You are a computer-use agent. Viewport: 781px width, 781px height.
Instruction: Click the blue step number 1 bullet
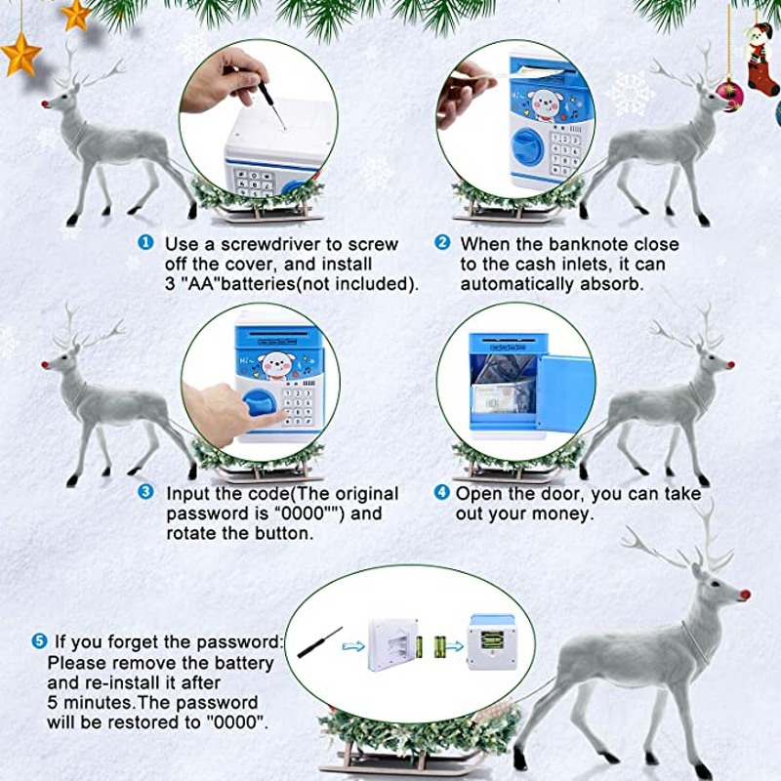[x=145, y=243]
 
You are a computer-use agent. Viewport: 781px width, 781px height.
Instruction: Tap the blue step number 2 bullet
[x=442, y=242]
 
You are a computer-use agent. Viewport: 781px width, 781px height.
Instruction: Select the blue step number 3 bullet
[x=145, y=492]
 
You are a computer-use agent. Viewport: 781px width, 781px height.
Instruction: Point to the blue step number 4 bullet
[x=442, y=492]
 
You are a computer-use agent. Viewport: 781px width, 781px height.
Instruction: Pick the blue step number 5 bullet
[x=39, y=641]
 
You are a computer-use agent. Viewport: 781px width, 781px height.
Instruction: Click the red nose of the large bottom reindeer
[x=745, y=595]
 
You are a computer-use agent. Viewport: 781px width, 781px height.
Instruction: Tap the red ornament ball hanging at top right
[x=729, y=95]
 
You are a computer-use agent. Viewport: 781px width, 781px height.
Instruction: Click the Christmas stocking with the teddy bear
[x=760, y=59]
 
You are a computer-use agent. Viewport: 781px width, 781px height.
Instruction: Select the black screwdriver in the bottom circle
[x=320, y=642]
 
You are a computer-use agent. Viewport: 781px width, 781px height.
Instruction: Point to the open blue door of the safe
[x=565, y=393]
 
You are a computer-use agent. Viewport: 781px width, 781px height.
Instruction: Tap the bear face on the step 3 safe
[x=276, y=365]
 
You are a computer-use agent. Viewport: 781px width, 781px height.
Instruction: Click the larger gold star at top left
[x=21, y=55]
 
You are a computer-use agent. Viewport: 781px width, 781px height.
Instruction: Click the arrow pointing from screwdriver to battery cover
[x=353, y=646]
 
